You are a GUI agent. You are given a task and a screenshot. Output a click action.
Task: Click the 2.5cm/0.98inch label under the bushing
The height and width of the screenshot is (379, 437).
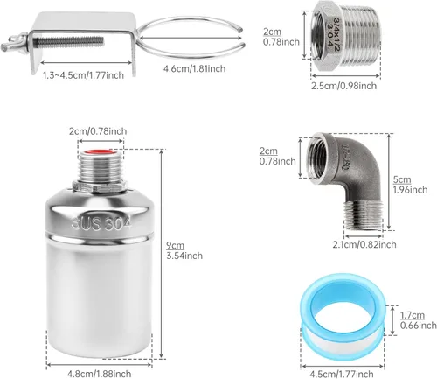pyautogui.click(x=343, y=85)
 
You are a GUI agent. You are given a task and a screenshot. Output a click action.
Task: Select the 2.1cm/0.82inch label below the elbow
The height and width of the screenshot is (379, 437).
pyautogui.click(x=346, y=245)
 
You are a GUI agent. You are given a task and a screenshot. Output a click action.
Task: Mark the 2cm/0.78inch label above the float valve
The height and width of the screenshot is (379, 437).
pyautogui.click(x=98, y=131)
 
